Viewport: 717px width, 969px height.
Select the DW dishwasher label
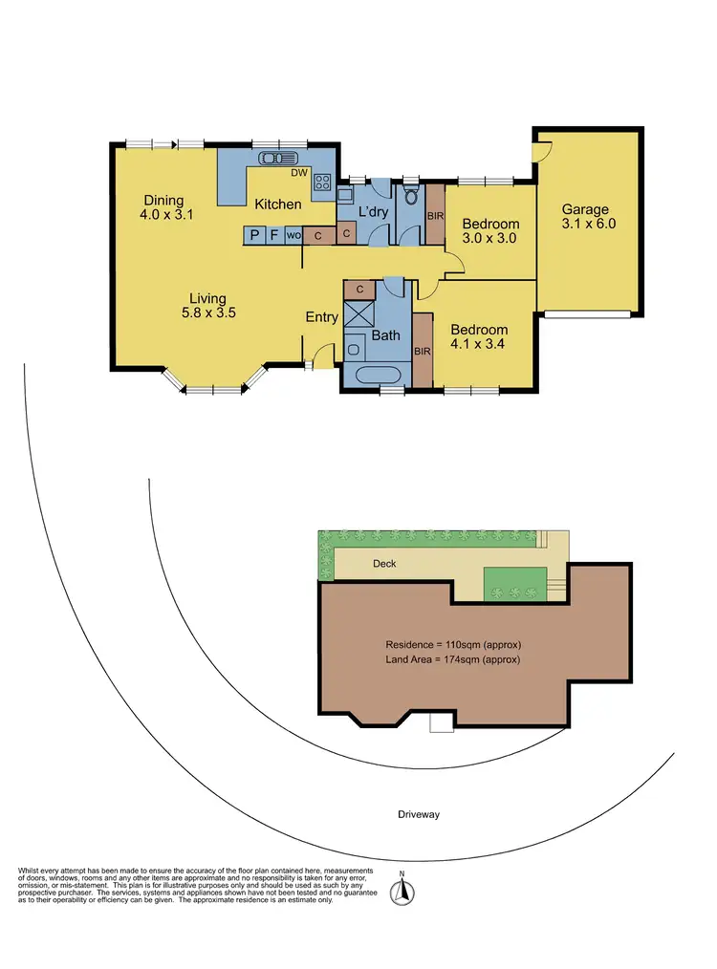pyautogui.click(x=298, y=173)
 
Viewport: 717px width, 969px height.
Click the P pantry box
pyautogui.click(x=254, y=234)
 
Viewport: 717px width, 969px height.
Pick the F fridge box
pyautogui.click(x=273, y=234)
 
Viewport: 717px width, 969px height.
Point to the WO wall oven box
pyautogui.click(x=293, y=234)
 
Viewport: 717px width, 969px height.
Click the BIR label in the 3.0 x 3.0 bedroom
pyautogui.click(x=434, y=216)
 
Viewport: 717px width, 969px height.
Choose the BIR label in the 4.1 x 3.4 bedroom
pyautogui.click(x=423, y=351)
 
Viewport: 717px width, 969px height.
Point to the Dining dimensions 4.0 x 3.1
pyautogui.click(x=166, y=215)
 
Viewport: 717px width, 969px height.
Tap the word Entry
pyautogui.click(x=321, y=317)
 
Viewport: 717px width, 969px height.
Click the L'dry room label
pyautogui.click(x=372, y=211)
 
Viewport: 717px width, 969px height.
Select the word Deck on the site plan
pyautogui.click(x=384, y=564)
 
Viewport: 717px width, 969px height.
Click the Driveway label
pyautogui.click(x=421, y=814)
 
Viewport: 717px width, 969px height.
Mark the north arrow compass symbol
pyautogui.click(x=404, y=891)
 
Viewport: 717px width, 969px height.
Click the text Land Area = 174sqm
pyautogui.click(x=453, y=659)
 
